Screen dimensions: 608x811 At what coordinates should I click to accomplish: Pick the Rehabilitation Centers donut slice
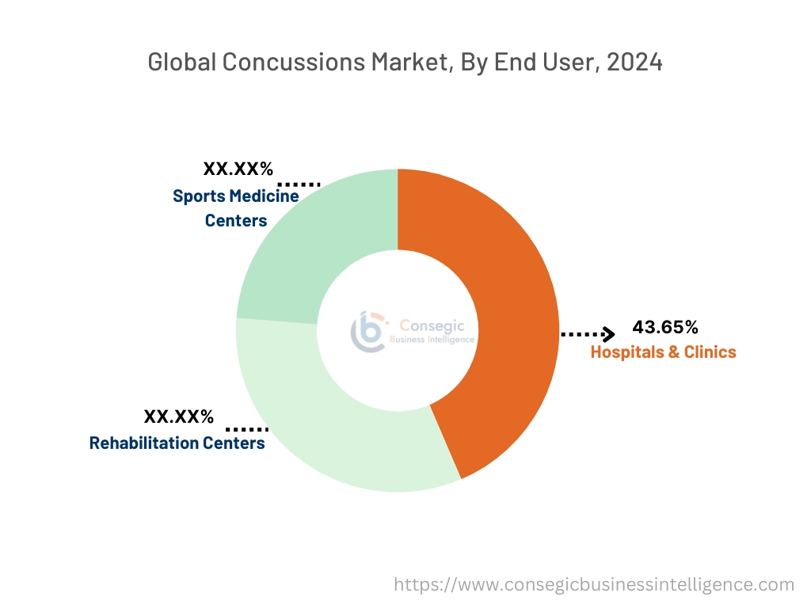pos(317,420)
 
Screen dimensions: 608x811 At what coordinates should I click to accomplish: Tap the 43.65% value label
pos(664,327)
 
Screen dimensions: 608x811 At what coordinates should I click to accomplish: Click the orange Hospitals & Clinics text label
pos(663,352)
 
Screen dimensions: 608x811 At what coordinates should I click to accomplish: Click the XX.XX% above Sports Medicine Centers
pos(238,169)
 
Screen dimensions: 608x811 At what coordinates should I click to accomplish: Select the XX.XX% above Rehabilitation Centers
pos(178,416)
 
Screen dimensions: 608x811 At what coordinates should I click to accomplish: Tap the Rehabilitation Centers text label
pos(177,443)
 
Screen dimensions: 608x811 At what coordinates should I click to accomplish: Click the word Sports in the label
pos(199,196)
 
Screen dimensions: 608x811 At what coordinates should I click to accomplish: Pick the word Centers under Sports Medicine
pos(235,221)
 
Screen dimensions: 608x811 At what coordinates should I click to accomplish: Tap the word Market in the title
pos(409,63)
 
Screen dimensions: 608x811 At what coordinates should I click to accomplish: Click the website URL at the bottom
pos(594,585)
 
